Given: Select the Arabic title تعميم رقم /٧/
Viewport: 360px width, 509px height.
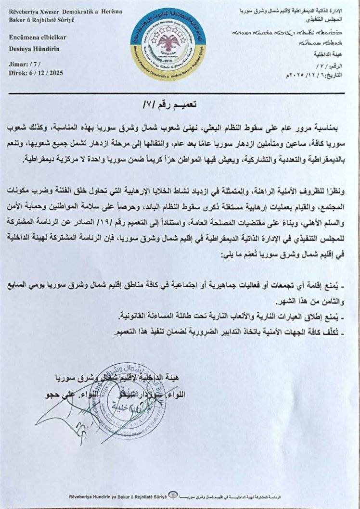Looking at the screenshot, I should (x=180, y=104).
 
